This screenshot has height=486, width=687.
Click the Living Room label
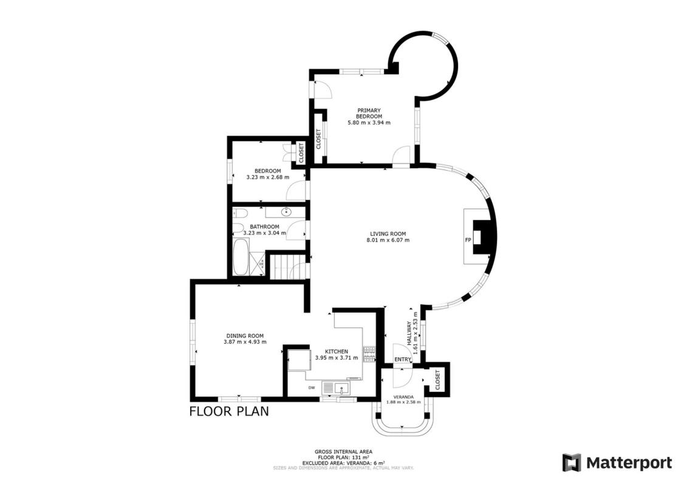coord(388,234)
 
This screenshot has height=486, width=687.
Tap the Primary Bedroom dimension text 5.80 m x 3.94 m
coord(369,123)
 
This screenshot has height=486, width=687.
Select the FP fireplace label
coord(468,240)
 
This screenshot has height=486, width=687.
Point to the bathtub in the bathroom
coord(240,257)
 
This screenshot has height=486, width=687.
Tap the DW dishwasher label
coord(312,388)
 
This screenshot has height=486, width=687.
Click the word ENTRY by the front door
coord(403,360)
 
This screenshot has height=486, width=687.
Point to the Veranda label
coord(403,397)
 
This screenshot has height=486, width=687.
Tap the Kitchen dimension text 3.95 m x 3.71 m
coord(337,358)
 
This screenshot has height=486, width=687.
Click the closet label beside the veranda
coord(437,380)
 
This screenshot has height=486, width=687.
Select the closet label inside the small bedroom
coord(301,152)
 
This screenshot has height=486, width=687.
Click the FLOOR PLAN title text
coord(229,411)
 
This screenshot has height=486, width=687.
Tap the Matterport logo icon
coord(572,463)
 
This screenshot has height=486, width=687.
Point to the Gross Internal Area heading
coord(344,451)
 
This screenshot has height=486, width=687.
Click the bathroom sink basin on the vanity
coord(287,213)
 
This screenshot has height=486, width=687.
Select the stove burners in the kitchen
coord(369,354)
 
